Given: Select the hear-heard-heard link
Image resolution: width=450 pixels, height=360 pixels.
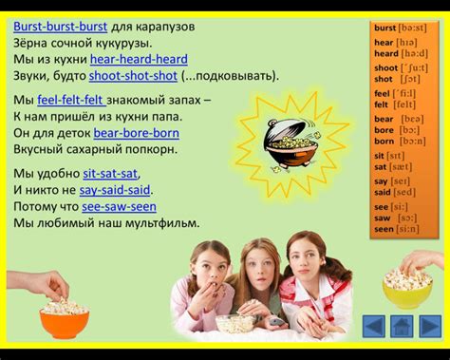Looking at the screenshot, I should (x=139, y=59).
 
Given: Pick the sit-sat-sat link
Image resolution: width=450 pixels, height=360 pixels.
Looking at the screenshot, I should (x=110, y=174).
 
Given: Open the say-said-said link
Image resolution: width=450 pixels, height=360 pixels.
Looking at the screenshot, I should (x=115, y=190).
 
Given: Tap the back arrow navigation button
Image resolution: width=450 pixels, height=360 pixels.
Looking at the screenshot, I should (x=375, y=325).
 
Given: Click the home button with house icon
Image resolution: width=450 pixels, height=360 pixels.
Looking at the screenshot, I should (x=402, y=325).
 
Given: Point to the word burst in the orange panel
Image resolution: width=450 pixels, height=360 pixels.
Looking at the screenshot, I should (x=384, y=28).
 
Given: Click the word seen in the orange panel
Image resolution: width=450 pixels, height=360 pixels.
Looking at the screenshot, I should (x=384, y=229).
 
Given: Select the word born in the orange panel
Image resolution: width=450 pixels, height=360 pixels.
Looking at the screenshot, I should (x=384, y=141).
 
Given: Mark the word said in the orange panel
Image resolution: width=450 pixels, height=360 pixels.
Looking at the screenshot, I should (x=383, y=191).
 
